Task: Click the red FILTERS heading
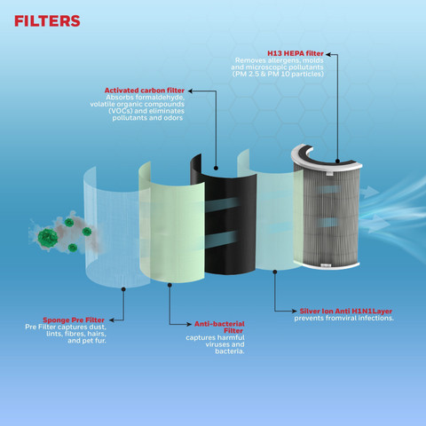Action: pyautogui.click(x=47, y=21)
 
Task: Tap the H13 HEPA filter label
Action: pyautogui.click(x=296, y=53)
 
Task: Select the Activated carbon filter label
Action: pyautogui.click(x=145, y=91)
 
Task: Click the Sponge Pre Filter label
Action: pyautogui.click(x=74, y=320)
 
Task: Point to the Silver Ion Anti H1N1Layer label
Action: pyautogui.click(x=346, y=312)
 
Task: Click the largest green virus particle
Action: pyautogui.click(x=48, y=238)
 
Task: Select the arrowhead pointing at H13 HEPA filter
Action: pyautogui.click(x=327, y=54)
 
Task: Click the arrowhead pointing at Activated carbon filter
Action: pyautogui.click(x=190, y=91)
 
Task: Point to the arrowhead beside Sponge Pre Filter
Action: pyautogui.click(x=112, y=320)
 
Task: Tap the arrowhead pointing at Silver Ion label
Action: pyautogui.click(x=295, y=311)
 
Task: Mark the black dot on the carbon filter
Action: pyautogui.click(x=216, y=168)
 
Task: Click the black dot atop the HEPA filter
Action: pyautogui.click(x=337, y=162)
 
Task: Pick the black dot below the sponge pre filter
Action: pyautogui.click(x=123, y=289)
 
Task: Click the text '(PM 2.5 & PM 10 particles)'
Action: pyautogui.click(x=278, y=74)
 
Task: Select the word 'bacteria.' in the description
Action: pyautogui.click(x=230, y=351)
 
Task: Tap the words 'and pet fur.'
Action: pyautogui.click(x=87, y=341)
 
